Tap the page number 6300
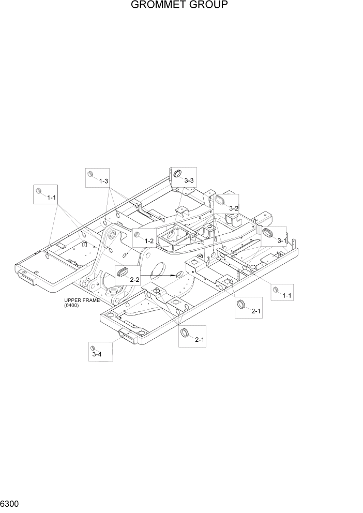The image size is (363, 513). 10,503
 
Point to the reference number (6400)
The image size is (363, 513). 71,306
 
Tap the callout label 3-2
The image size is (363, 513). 233,208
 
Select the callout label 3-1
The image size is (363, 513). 282,240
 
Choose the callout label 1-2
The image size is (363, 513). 149,240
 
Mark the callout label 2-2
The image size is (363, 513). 135,279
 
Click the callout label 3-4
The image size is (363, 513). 97,354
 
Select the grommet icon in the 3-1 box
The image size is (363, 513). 268,233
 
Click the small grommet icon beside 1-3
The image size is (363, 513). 90,173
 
